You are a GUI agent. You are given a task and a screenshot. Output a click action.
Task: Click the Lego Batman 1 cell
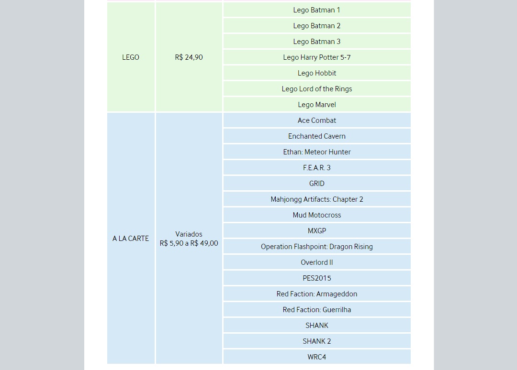click(316, 10)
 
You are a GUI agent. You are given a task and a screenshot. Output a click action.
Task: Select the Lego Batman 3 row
click(316, 42)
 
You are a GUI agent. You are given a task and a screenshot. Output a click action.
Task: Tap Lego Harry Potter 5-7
click(316, 57)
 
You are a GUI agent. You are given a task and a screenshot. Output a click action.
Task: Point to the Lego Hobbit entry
click(316, 73)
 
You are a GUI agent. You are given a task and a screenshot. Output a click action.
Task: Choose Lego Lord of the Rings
click(316, 89)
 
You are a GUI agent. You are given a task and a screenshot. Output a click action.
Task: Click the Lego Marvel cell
click(316, 105)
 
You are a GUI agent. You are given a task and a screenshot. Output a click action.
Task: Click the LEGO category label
click(131, 57)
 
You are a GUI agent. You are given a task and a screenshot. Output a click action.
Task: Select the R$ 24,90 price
click(189, 57)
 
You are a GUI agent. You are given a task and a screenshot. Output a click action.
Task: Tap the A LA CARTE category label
click(131, 239)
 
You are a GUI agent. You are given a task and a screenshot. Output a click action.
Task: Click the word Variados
click(189, 234)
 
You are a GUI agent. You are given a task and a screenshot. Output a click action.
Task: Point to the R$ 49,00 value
click(204, 243)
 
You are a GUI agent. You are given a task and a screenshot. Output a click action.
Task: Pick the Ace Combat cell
click(316, 120)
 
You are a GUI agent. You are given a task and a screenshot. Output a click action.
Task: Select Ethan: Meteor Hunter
click(316, 152)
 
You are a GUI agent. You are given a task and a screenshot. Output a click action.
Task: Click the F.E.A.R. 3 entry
click(316, 168)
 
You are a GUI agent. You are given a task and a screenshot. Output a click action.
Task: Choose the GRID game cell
click(316, 184)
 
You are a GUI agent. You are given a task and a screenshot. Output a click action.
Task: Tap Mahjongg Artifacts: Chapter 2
click(316, 199)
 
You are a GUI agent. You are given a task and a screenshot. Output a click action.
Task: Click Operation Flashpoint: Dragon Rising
click(316, 247)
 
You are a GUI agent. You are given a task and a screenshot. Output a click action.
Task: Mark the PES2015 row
click(316, 278)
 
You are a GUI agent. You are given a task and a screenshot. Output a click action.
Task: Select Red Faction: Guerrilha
click(316, 310)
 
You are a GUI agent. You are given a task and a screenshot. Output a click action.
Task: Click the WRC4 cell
click(316, 357)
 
